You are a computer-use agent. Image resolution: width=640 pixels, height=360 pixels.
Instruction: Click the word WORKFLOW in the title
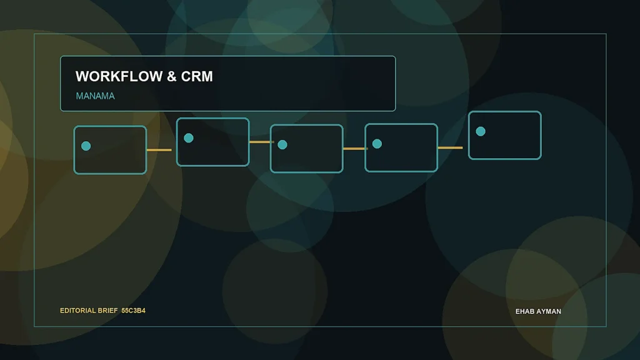click(x=119, y=76)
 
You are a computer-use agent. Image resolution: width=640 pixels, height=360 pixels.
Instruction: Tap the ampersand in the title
click(x=172, y=76)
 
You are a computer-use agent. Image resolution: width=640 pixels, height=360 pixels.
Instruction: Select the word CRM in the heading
click(x=197, y=76)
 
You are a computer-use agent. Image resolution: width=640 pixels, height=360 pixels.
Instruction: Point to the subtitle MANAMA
click(x=95, y=96)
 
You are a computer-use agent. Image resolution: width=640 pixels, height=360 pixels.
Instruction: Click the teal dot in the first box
click(x=86, y=146)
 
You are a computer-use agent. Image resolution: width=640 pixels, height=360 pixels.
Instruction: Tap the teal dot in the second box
click(x=189, y=138)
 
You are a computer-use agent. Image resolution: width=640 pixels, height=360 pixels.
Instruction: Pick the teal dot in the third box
click(x=282, y=144)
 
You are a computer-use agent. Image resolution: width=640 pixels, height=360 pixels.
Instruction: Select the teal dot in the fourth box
click(x=377, y=144)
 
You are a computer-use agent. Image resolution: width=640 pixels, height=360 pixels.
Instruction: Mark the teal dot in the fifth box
click(x=481, y=131)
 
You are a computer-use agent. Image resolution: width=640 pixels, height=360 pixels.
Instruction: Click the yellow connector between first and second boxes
click(x=159, y=150)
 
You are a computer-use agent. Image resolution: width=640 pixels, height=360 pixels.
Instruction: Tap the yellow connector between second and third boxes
click(x=262, y=142)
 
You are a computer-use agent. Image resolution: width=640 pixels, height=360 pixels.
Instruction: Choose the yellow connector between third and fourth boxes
click(x=356, y=149)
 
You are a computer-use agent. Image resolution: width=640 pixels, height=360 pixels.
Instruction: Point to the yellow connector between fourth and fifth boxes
click(x=450, y=147)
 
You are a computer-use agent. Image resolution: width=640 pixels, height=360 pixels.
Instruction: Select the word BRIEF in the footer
click(x=107, y=311)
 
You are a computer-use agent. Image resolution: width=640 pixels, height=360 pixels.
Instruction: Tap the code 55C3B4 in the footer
click(x=134, y=311)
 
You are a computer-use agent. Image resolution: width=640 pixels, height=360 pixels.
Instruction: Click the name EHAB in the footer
click(x=524, y=311)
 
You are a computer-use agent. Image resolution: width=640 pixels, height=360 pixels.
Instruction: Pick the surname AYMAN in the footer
click(x=547, y=311)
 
